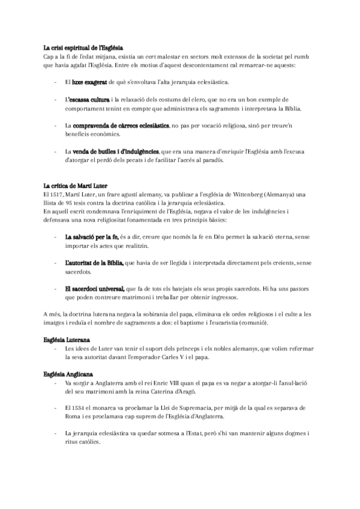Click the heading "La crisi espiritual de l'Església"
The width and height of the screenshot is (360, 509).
[x=83, y=47]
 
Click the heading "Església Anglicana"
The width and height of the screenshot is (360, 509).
[x=67, y=375]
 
